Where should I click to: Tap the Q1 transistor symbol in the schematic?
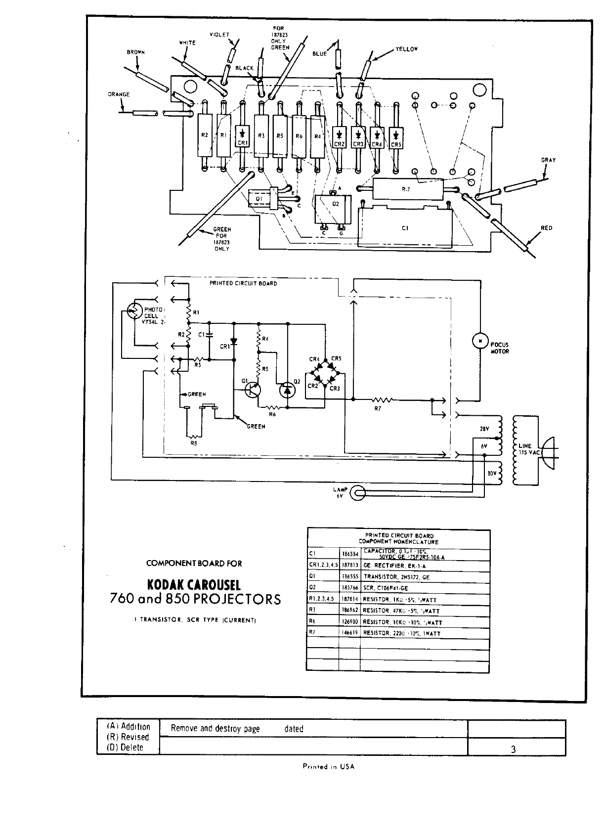tap(253, 390)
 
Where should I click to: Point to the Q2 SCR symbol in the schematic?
tap(287, 391)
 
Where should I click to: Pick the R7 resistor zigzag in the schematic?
tap(382, 399)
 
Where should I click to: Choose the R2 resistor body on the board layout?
tap(205, 134)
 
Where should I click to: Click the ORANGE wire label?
tap(119, 94)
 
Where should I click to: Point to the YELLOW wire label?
tap(406, 49)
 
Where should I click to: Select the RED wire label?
tap(546, 228)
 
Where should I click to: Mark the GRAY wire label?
tap(548, 160)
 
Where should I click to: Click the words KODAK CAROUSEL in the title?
tap(194, 585)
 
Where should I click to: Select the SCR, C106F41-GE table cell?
tap(389, 588)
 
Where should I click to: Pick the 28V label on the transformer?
tap(484, 429)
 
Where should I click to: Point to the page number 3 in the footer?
tap(513, 749)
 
